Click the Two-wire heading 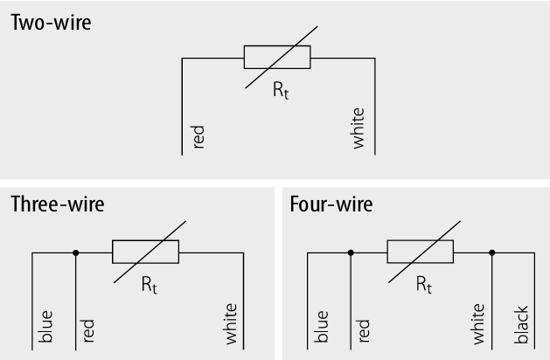[x=51, y=23]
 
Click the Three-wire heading [x=58, y=204]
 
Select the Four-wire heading [x=331, y=204]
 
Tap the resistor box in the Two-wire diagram [x=277, y=59]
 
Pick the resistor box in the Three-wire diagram [x=145, y=253]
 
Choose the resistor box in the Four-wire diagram [x=421, y=253]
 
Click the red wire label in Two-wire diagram [x=198, y=136]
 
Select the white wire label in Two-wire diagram [x=359, y=129]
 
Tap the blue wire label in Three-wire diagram [x=47, y=325]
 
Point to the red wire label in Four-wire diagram [x=364, y=329]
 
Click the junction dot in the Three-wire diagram [x=76, y=253]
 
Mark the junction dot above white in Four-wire [x=492, y=253]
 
